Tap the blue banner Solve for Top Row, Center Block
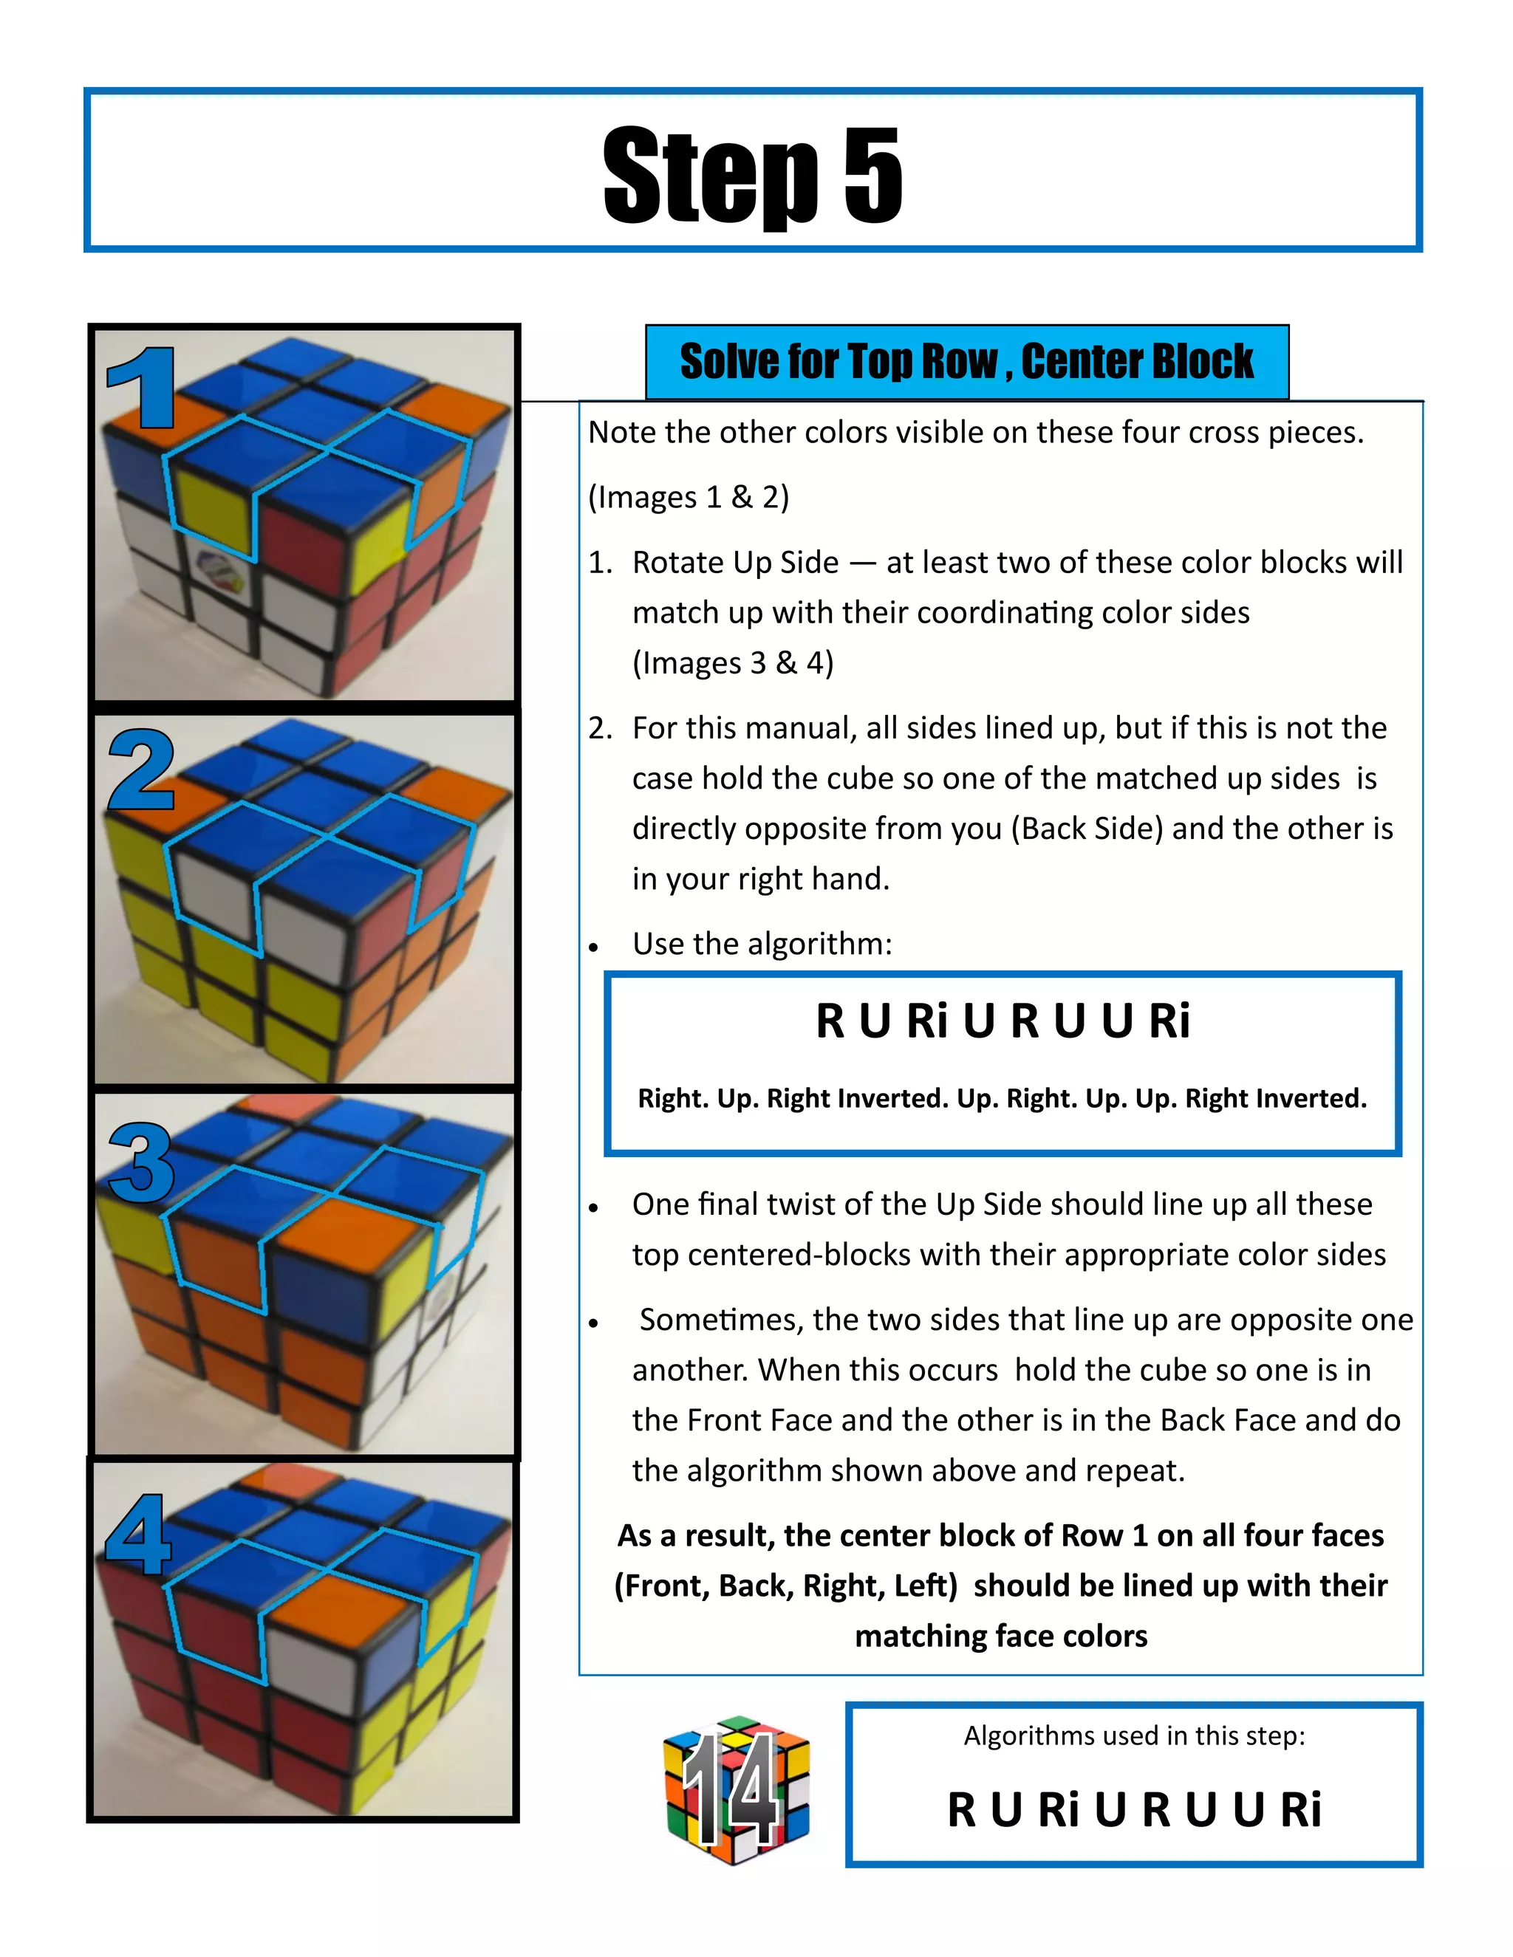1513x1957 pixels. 966,361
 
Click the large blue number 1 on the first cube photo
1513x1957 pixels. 142,388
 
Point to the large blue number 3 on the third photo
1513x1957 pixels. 142,1162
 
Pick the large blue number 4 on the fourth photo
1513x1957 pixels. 139,1535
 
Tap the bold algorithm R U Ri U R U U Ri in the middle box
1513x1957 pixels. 1002,1021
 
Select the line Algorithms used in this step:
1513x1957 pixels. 1134,1735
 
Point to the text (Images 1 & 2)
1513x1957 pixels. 689,496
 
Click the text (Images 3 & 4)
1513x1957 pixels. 732,662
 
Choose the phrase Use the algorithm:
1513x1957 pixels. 762,944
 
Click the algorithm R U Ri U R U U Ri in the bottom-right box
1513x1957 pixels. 1134,1809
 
